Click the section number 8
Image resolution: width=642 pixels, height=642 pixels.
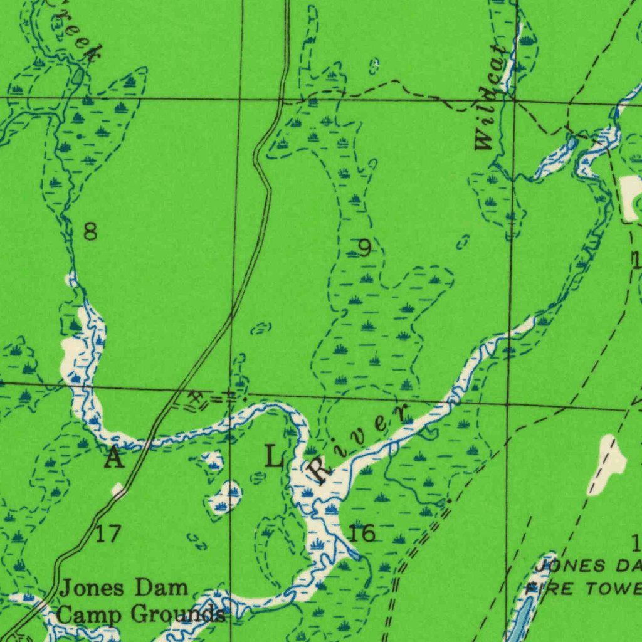tap(90, 233)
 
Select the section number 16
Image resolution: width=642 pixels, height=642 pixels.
tap(362, 534)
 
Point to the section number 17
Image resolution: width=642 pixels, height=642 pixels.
tap(108, 535)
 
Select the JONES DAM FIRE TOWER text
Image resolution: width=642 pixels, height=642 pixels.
tap(583, 577)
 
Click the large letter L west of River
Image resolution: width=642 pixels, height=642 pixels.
tap(274, 456)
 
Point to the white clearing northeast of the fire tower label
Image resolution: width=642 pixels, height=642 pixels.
tap(608, 464)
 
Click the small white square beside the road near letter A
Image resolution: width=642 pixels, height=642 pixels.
tap(117, 489)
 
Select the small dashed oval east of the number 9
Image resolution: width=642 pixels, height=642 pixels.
tap(463, 241)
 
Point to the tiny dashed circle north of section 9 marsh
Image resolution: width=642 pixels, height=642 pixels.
tap(374, 65)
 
